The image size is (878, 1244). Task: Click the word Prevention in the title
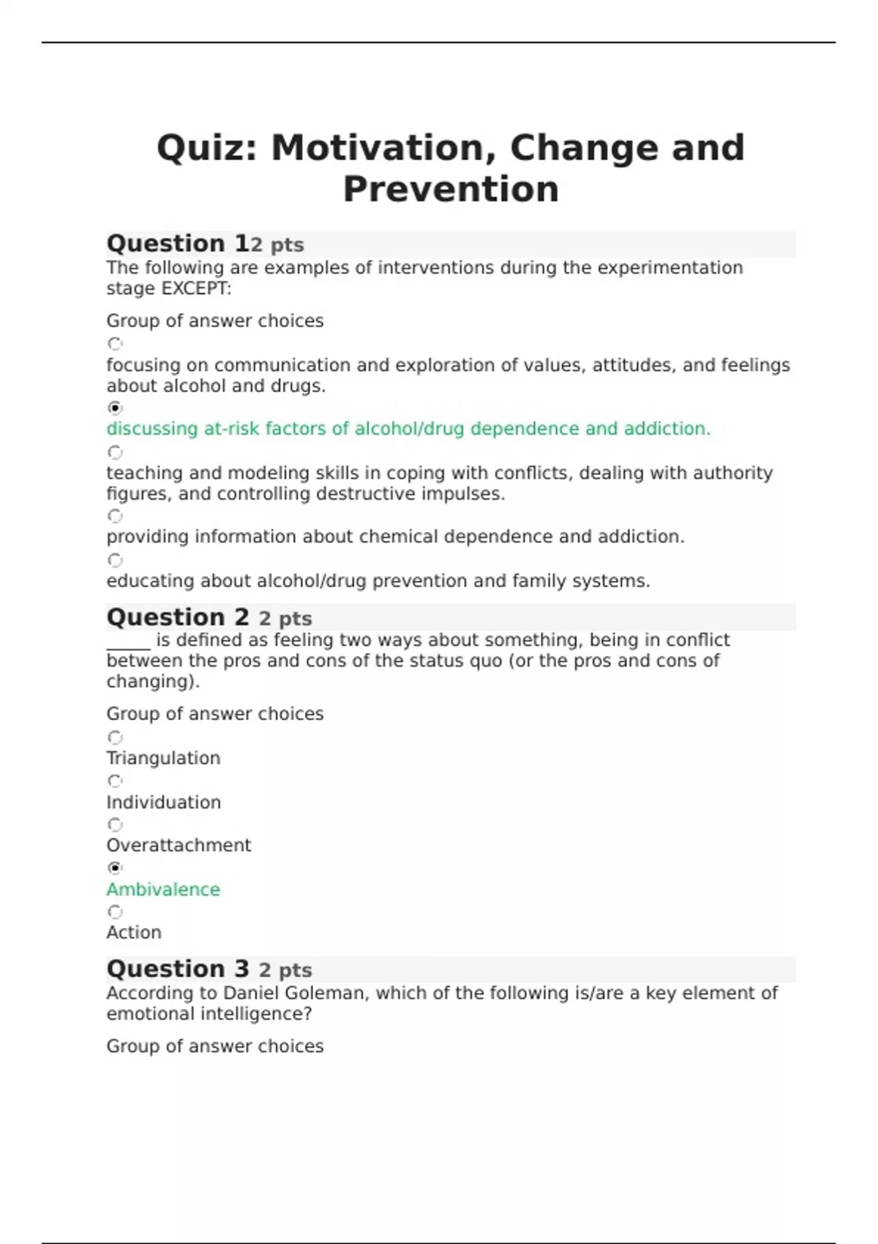point(451,190)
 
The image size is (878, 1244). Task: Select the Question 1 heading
point(177,244)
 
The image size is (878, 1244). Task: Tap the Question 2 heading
point(177,618)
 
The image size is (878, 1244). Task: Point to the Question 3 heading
point(177,970)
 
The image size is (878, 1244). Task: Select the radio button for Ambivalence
point(115,868)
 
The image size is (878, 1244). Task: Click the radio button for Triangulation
point(115,737)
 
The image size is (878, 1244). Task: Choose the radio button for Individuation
point(115,781)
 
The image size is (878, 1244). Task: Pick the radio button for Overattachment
point(115,825)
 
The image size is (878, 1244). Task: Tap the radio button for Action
point(115,912)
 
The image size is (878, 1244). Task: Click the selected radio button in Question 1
point(115,408)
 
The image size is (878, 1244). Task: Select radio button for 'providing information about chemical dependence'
point(115,516)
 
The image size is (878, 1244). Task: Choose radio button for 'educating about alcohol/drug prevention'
point(115,560)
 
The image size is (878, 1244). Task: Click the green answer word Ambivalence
point(163,890)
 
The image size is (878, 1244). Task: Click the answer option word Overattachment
point(179,846)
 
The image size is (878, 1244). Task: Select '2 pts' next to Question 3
point(285,971)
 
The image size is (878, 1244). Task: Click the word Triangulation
point(163,759)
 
